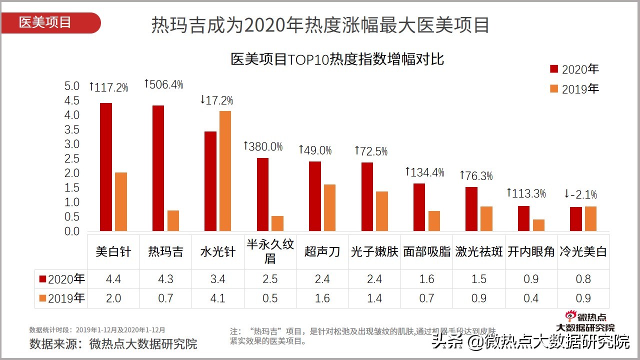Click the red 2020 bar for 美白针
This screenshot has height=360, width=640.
point(106,167)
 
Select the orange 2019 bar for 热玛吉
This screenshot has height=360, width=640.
point(173,221)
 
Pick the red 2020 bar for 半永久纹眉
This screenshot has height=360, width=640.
point(262,194)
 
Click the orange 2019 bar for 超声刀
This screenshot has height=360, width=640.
point(329,207)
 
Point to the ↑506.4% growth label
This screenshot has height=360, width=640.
point(163,84)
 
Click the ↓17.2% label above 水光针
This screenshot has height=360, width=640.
point(216,100)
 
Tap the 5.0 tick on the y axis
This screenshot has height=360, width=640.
point(72,86)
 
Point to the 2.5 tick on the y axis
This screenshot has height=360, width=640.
point(72,159)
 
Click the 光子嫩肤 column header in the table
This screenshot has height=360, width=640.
point(374,251)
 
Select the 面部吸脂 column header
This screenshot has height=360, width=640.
point(426,251)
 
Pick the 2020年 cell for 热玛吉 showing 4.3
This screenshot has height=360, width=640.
point(165,279)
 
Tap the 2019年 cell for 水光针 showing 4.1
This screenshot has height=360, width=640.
point(217,298)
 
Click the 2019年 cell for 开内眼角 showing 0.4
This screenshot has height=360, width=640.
point(531,298)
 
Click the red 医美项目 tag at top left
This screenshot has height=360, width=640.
point(50,23)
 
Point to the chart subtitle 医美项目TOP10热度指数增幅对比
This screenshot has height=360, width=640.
point(337,59)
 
